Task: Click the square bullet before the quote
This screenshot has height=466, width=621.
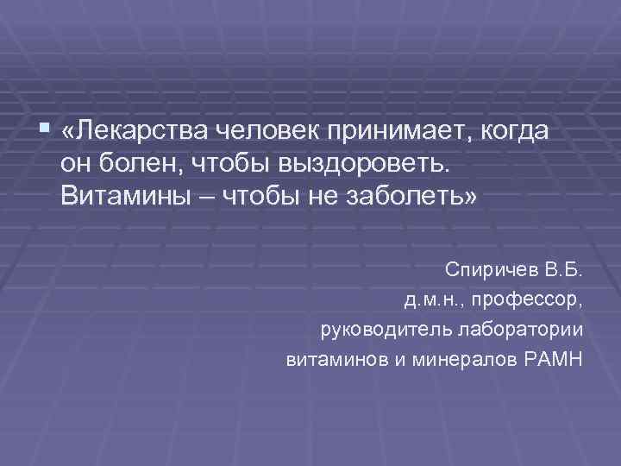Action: click(x=45, y=129)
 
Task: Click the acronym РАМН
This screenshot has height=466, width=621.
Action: click(x=552, y=358)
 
